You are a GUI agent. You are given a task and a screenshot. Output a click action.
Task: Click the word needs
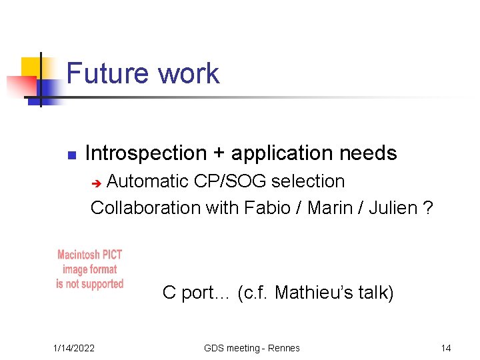click(368, 153)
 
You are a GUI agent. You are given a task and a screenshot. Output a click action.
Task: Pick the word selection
click(309, 181)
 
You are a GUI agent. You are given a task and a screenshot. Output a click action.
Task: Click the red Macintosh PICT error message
click(90, 269)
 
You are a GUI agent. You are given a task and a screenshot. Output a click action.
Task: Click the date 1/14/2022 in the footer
click(74, 348)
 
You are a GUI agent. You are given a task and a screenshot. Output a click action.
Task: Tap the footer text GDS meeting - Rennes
click(252, 348)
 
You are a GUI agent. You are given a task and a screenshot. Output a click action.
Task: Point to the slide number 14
click(446, 348)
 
